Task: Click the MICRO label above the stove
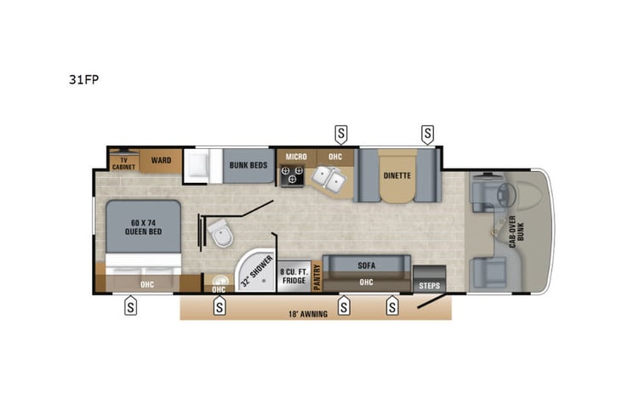[295, 157]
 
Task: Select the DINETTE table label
[397, 176]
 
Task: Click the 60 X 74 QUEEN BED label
[143, 225]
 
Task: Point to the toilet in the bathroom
[220, 234]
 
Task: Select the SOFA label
[367, 265]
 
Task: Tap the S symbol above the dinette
[427, 133]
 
